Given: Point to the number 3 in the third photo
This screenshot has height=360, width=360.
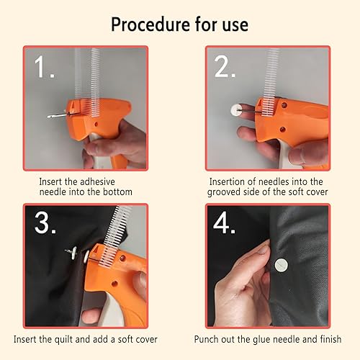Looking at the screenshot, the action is [x=42, y=222].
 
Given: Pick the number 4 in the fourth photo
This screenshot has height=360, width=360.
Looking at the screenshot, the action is [x=221, y=222].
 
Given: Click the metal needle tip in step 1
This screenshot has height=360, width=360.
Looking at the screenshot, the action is [x=49, y=117].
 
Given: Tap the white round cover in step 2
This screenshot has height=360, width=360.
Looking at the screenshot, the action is [x=235, y=110].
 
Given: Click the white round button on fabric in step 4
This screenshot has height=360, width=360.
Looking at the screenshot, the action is [x=281, y=265].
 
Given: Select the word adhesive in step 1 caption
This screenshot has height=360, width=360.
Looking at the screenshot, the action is [x=97, y=181].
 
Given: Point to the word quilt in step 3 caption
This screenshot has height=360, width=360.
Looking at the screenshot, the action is [x=63, y=339].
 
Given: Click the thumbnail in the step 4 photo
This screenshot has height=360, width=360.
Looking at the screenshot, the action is [x=263, y=251].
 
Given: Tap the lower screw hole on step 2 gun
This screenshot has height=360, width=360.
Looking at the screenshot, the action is [x=283, y=130].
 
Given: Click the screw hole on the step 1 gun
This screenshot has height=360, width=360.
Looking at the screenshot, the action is [x=96, y=125].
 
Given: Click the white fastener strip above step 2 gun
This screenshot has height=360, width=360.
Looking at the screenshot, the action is [x=271, y=81].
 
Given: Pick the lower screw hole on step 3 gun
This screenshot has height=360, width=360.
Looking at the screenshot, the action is [x=114, y=284].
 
